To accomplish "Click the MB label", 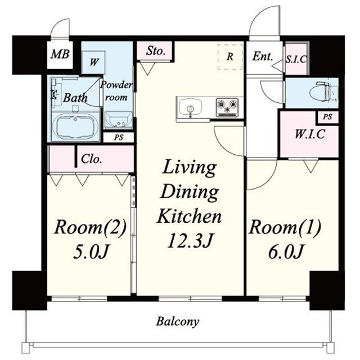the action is [60, 55].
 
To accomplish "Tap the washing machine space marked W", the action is [94, 62].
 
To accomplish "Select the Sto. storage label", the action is [156, 51].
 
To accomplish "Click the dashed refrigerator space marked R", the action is [230, 57].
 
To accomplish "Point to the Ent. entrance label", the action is [263, 56].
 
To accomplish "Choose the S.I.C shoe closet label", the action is [296, 59].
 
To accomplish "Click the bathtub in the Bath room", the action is [75, 126].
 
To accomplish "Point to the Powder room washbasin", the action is [118, 120].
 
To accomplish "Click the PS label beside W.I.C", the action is [327, 117].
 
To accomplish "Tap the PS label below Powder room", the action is [119, 137].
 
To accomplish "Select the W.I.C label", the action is [310, 134].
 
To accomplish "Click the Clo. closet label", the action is [92, 159].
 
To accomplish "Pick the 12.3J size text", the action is [191, 241].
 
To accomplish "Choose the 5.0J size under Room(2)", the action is [91, 252].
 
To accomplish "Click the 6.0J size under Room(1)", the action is [286, 252].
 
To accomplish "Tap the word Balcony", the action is [178, 322].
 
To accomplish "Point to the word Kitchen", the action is [189, 216].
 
